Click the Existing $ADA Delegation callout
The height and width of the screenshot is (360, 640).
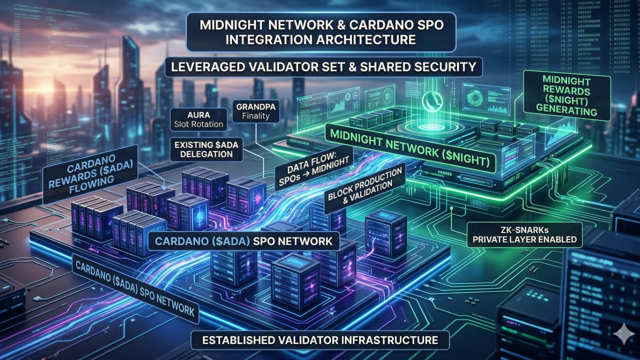coord(203,148)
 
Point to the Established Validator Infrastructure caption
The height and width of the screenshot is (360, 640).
coord(320,340)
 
